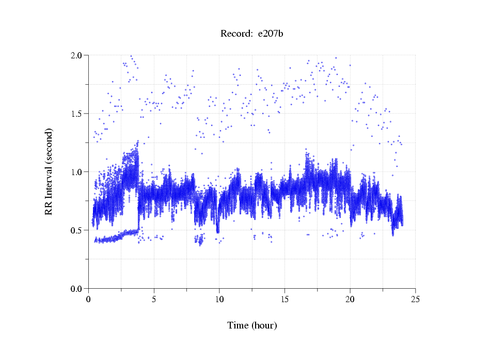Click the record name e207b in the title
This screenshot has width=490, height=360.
pos(271,34)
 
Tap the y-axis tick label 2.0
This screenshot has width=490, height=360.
pos(77,55)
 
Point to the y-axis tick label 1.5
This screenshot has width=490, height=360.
pos(77,113)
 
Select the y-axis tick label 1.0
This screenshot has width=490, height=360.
pos(77,171)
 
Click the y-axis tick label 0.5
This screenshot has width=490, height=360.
pos(77,230)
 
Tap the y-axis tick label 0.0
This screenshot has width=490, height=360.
pos(77,288)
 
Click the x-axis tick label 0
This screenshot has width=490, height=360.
pos(89,299)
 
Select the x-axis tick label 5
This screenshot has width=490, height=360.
pos(154,299)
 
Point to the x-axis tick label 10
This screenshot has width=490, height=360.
pos(219,299)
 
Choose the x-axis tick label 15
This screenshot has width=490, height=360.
pos(284,299)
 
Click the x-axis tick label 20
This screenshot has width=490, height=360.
pos(350,299)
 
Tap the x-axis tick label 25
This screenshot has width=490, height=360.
pos(415,299)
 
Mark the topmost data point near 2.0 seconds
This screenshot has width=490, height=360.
pos(131,56)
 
